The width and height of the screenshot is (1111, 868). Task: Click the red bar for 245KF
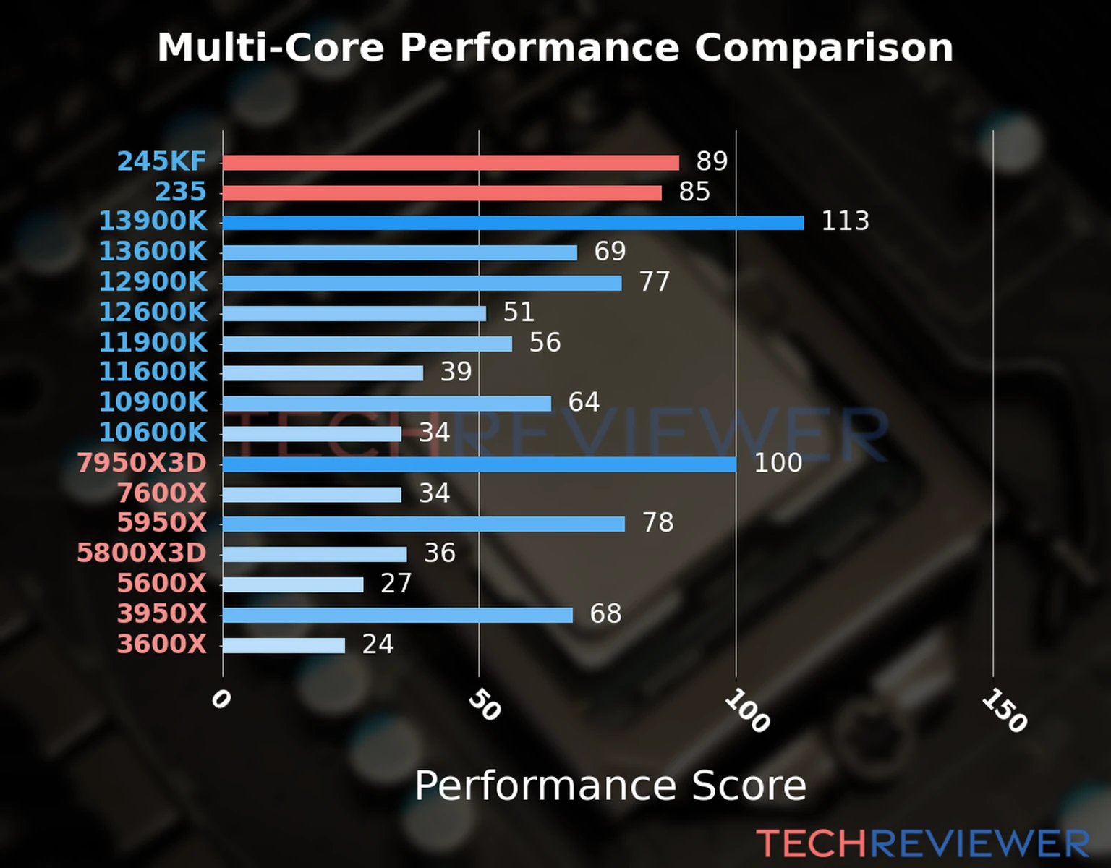pyautogui.click(x=450, y=163)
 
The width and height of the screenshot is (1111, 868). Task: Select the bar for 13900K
pyautogui.click(x=513, y=223)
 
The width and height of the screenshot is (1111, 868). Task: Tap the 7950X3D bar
pyautogui.click(x=479, y=464)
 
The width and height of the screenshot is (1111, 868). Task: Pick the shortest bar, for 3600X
pyautogui.click(x=284, y=645)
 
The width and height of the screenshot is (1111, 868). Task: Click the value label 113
pyautogui.click(x=845, y=221)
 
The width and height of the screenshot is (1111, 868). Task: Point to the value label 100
pyautogui.click(x=778, y=462)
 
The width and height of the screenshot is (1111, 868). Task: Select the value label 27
pyautogui.click(x=396, y=583)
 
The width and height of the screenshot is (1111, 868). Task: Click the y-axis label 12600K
pyautogui.click(x=153, y=312)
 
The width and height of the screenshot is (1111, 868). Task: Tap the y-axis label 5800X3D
pyautogui.click(x=142, y=553)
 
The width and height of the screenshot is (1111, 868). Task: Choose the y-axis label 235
pyautogui.click(x=181, y=192)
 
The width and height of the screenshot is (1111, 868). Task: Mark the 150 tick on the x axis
pyautogui.click(x=1004, y=710)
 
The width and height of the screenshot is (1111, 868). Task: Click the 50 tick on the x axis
pyautogui.click(x=484, y=705)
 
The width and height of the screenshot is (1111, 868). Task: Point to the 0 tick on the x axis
pyautogui.click(x=221, y=699)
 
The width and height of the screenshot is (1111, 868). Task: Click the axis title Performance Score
pyautogui.click(x=610, y=786)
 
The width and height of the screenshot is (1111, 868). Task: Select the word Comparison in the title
pyautogui.click(x=823, y=48)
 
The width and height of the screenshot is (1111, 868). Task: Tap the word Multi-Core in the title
pyautogui.click(x=271, y=48)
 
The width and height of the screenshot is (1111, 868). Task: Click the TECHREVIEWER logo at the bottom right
pyautogui.click(x=922, y=843)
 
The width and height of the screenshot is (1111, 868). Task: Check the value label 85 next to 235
pyautogui.click(x=694, y=192)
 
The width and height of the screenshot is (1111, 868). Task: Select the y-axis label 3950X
pyautogui.click(x=162, y=613)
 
